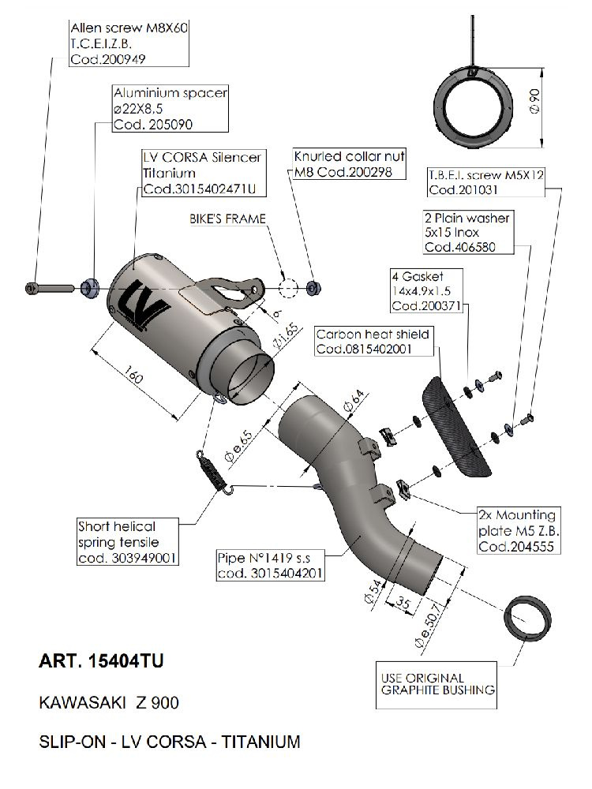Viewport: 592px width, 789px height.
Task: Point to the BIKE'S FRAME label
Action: [227, 219]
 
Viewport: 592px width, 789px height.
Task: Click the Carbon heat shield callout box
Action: [363, 342]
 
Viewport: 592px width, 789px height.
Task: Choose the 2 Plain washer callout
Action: [467, 232]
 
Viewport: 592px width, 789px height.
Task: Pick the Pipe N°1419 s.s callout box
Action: [271, 566]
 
